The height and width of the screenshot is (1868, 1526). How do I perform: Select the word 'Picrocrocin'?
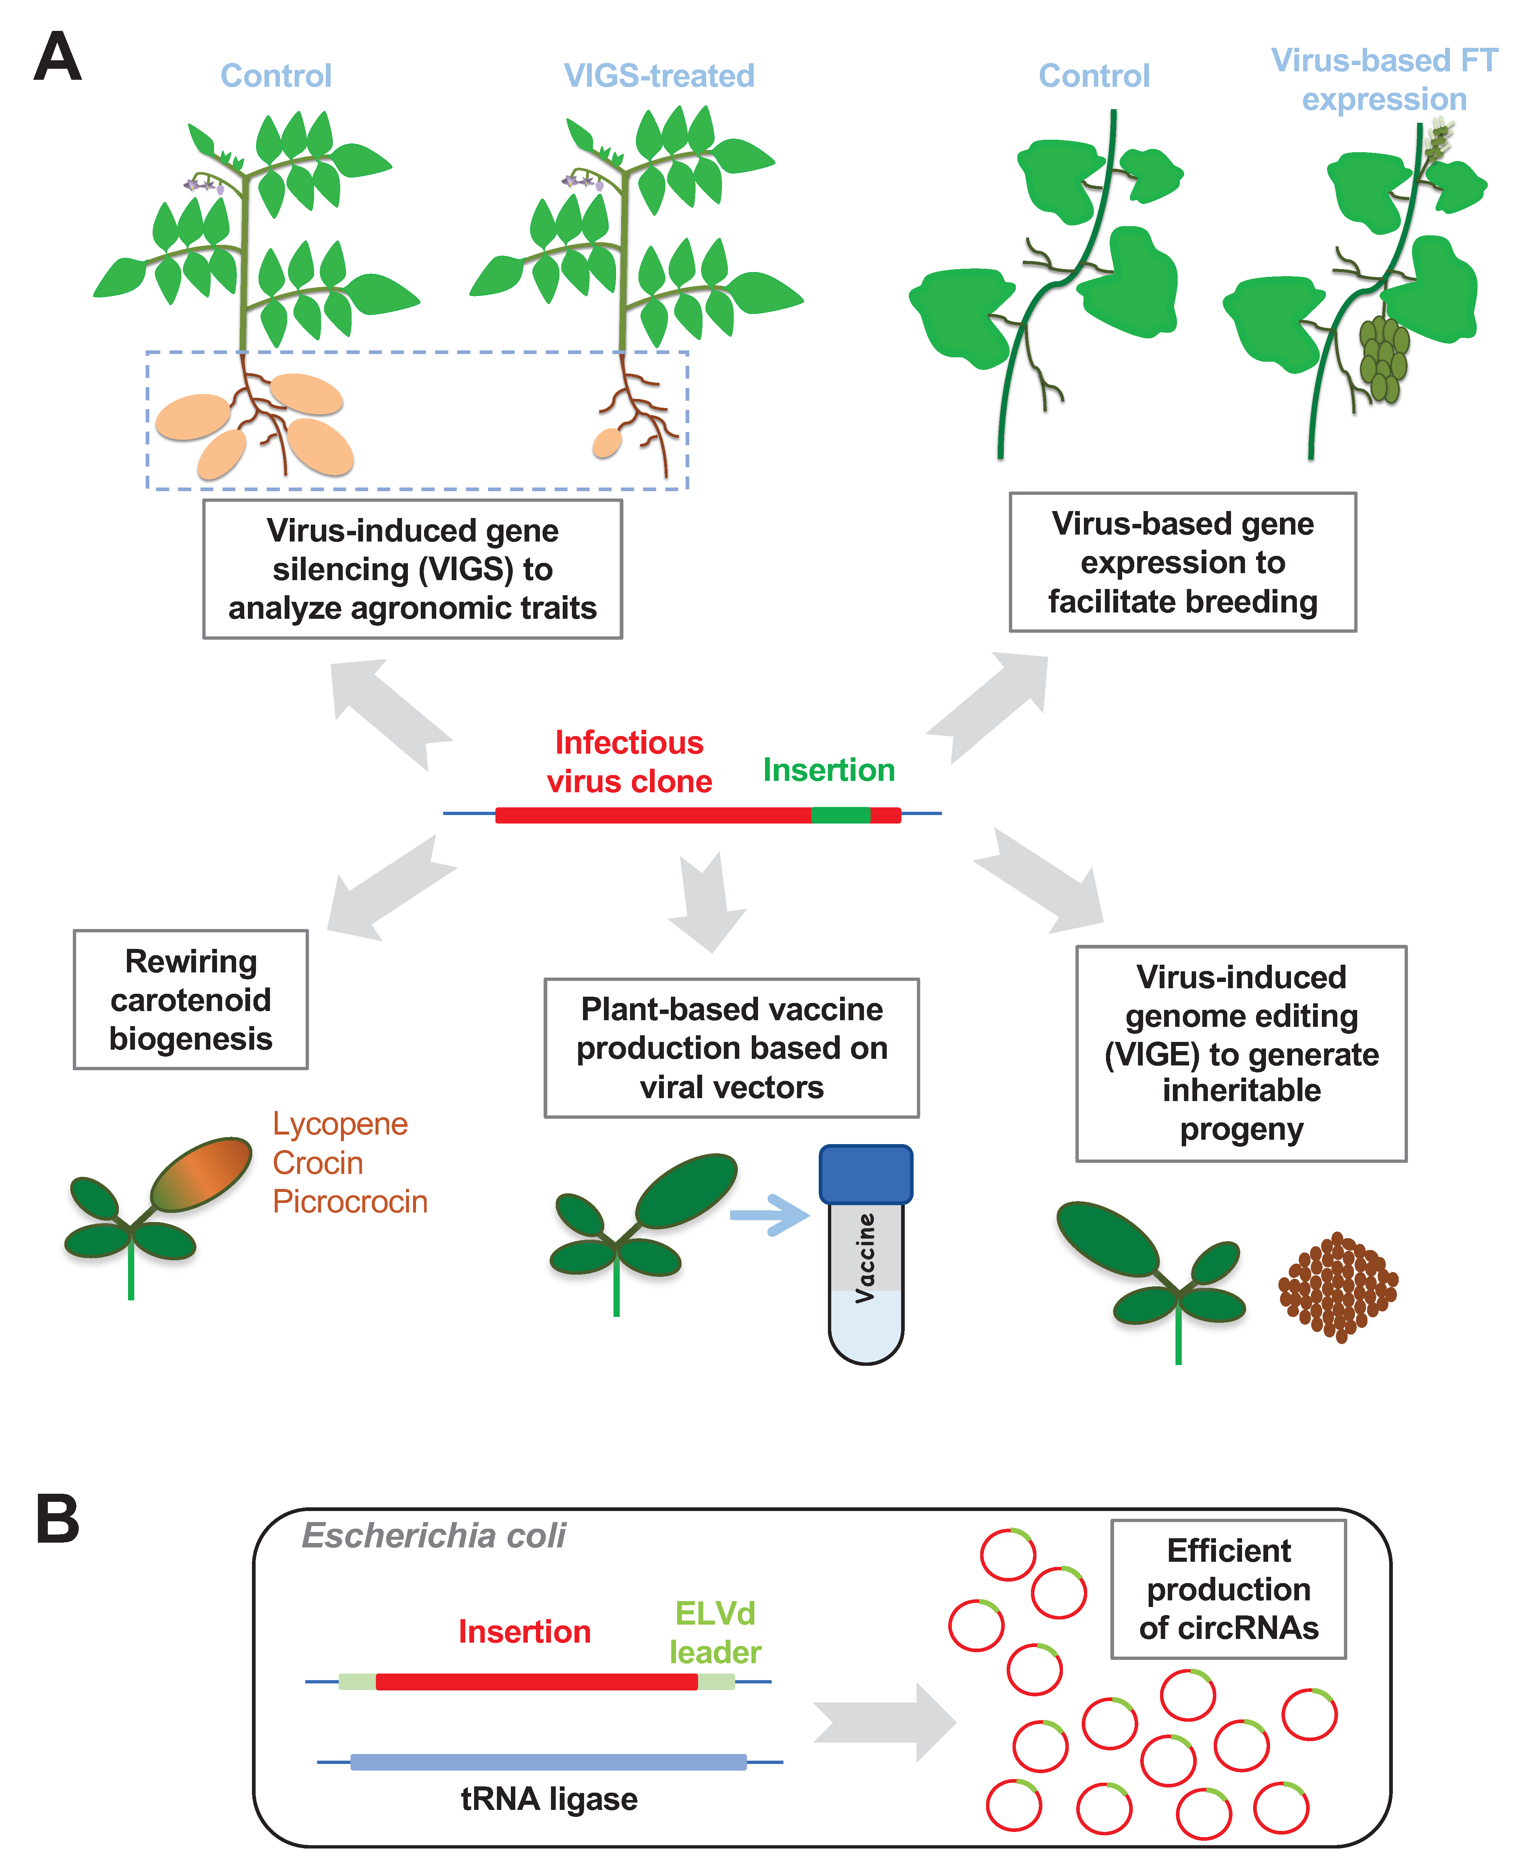tap(350, 1201)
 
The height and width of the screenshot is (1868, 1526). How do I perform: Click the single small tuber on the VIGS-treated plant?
tap(607, 443)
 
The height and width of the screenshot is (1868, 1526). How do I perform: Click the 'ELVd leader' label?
tap(715, 1632)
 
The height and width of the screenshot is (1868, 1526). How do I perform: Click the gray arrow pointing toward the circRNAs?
tap(883, 1722)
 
